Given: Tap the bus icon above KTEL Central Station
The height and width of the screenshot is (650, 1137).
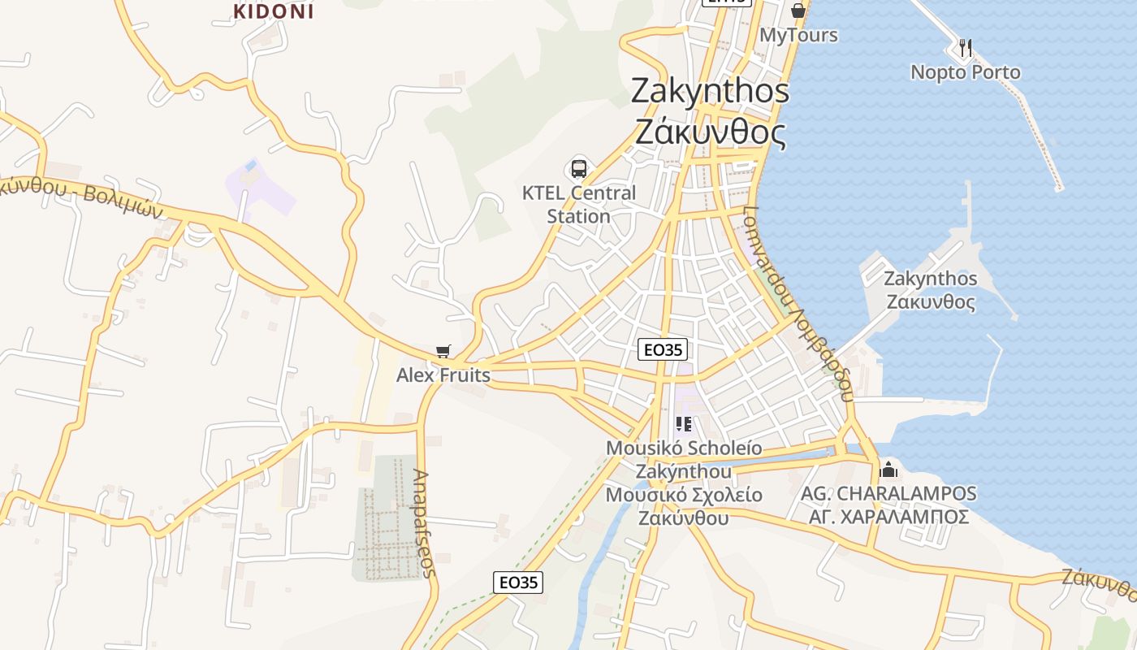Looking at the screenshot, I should coord(578,169).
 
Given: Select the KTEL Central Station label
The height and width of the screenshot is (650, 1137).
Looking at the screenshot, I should coord(578,205).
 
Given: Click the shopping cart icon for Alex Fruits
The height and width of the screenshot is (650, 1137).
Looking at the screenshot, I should coord(443,352).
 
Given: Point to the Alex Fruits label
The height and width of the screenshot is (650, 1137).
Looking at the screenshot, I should coord(443,375).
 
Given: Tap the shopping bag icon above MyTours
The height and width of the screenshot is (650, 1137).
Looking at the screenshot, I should coord(798,11).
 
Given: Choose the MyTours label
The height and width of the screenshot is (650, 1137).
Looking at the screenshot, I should coord(798,36).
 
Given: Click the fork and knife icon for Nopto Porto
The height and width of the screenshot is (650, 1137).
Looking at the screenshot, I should coord(965,48).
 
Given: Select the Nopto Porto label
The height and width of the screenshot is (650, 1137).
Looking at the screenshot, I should coord(965,72).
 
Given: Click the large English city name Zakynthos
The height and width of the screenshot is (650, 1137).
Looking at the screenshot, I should coord(710,91).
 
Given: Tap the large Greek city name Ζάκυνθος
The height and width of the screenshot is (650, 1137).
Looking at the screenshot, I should coord(710,132).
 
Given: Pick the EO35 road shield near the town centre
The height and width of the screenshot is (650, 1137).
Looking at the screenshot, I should coord(663,350).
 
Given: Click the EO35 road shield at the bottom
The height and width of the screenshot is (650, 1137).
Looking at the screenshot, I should coord(518,582).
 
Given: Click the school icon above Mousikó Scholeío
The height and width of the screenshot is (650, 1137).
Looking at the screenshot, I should coord(683,423).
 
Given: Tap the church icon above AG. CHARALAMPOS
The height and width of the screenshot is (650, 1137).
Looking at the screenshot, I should coord(888,469).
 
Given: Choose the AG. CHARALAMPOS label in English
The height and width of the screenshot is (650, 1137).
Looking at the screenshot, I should coord(888,493).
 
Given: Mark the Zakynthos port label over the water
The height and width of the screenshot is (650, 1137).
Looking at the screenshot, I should coord(930,290).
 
